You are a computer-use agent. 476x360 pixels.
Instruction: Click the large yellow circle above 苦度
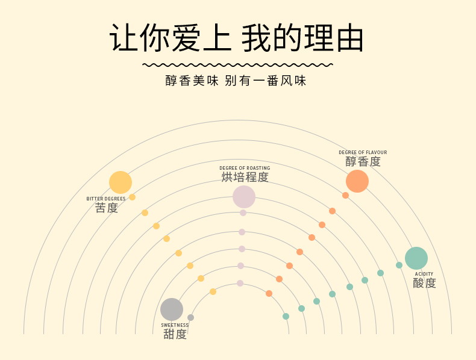121,182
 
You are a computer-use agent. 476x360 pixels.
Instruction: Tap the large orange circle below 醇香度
357,181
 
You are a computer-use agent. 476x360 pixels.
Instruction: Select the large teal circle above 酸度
416,258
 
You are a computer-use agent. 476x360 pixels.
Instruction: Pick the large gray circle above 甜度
172,309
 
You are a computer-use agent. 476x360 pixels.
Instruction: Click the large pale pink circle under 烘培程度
244,197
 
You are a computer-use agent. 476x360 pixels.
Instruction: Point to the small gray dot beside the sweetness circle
191,317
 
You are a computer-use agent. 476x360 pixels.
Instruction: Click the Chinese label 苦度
107,208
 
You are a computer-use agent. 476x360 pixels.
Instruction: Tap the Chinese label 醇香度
363,162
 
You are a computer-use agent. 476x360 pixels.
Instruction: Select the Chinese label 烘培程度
245,177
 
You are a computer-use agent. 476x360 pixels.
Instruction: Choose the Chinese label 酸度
424,283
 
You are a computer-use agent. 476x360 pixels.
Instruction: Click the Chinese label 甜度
175,334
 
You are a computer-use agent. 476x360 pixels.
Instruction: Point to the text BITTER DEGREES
106,199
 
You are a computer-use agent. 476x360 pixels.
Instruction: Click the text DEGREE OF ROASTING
245,168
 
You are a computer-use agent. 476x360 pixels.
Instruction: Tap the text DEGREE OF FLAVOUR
363,153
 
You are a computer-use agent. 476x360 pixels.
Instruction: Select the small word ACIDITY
424,274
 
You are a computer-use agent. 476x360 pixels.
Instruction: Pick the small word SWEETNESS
175,325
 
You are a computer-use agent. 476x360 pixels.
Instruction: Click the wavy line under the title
237,64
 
